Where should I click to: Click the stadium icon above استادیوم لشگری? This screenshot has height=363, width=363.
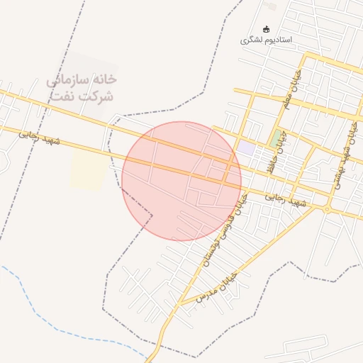point(267,29)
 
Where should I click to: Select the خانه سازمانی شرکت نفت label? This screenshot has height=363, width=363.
point(81,89)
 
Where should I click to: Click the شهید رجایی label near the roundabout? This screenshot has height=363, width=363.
point(287,201)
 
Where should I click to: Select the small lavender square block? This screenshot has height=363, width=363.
point(245,147)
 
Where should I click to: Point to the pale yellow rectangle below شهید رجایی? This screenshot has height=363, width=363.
point(87,169)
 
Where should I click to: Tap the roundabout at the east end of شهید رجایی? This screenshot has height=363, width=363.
point(327,209)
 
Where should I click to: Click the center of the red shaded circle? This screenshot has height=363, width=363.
point(181,181)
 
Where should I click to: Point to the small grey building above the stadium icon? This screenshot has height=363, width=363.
point(270,6)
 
